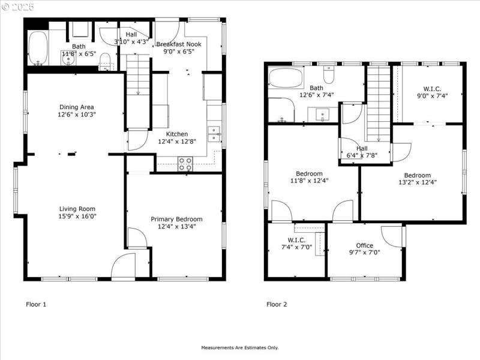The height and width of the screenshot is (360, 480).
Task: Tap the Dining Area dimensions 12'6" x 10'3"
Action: tap(76, 115)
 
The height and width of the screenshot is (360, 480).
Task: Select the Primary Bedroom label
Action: tap(176, 219)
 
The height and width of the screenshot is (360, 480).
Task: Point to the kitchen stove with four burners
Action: tap(185, 163)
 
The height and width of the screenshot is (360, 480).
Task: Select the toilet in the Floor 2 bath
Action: tap(329, 75)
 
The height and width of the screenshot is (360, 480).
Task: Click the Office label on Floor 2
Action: tap(364, 245)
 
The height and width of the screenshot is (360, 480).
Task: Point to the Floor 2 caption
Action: tap(277, 304)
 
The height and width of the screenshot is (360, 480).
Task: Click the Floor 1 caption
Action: tap(36, 304)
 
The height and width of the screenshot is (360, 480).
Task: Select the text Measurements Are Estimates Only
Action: tap(240, 347)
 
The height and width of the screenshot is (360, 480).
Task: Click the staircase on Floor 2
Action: tap(378, 102)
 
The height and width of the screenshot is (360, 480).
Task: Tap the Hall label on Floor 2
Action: tap(362, 148)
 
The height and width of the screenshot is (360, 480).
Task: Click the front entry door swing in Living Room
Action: tap(124, 266)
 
